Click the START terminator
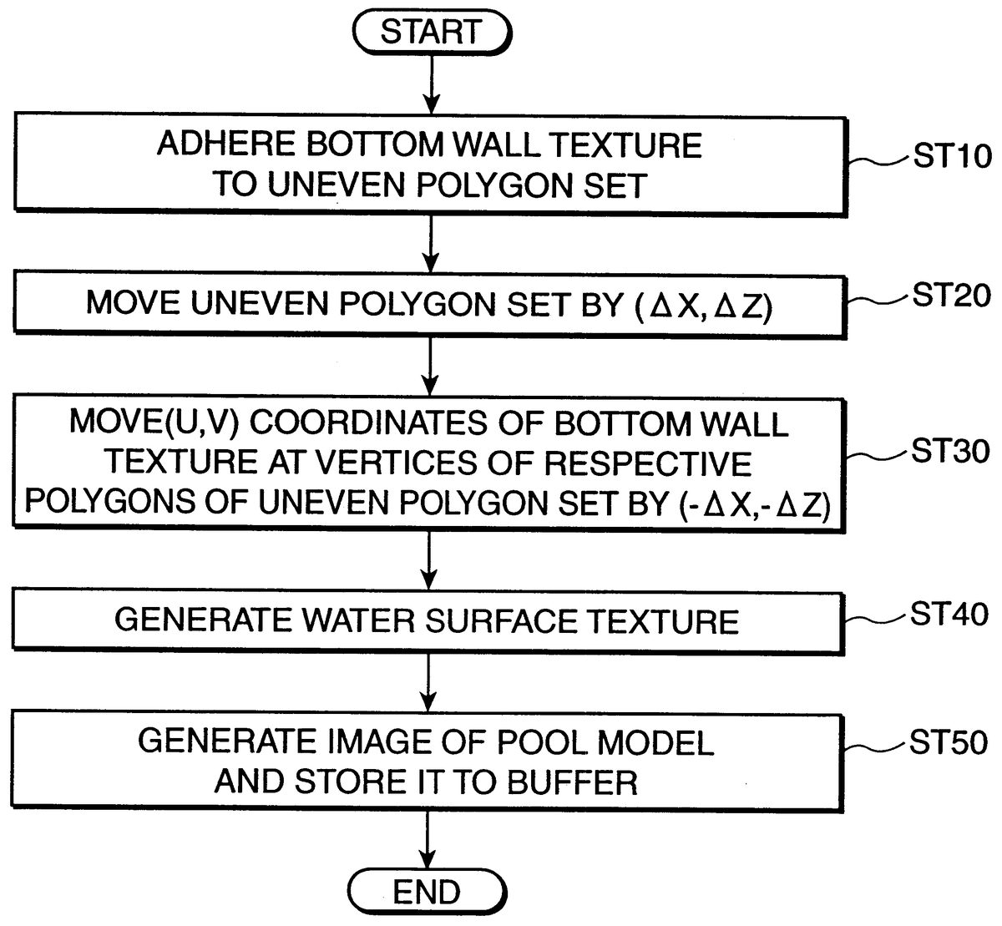pyautogui.click(x=430, y=33)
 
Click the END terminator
pyautogui.click(x=427, y=893)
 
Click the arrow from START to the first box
pyautogui.click(x=430, y=83)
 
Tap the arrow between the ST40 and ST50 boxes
pyautogui.click(x=428, y=677)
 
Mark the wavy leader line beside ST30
pyautogui.click(x=877, y=455)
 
